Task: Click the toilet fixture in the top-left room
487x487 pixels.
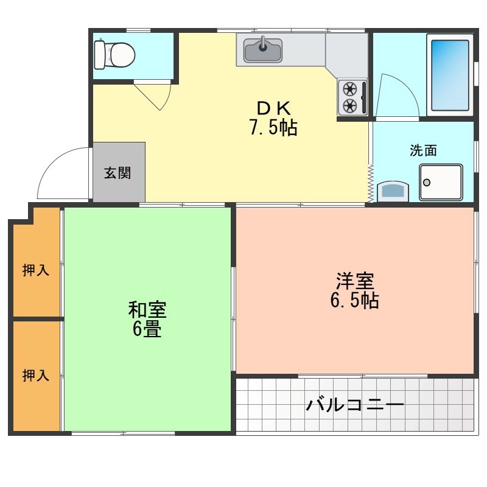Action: click(114, 55)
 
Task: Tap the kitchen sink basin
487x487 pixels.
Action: click(263, 51)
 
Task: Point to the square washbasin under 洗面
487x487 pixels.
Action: click(441, 182)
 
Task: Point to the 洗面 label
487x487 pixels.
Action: click(422, 151)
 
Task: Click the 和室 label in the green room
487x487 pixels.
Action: click(147, 309)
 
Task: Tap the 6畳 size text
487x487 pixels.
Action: click(147, 329)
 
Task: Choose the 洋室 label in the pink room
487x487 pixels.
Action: click(354, 281)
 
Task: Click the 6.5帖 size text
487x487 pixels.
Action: click(354, 300)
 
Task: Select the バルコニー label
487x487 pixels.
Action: click(354, 404)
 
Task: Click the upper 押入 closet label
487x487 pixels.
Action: click(35, 270)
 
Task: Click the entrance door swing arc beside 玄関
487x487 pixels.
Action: click(61, 173)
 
